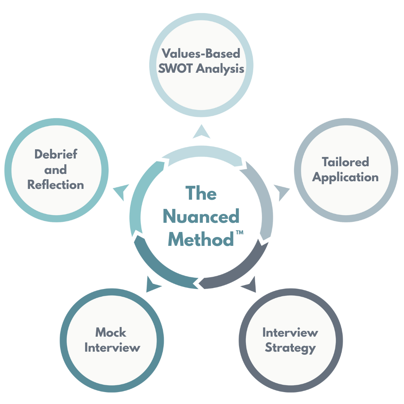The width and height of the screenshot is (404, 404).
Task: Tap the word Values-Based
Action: pyautogui.click(x=200, y=53)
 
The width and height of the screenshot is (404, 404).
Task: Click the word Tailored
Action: pyautogui.click(x=345, y=162)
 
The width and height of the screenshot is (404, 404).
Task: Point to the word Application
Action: pyautogui.click(x=345, y=177)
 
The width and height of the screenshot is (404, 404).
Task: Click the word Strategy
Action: pyautogui.click(x=290, y=348)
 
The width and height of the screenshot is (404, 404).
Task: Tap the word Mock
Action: pyautogui.click(x=111, y=332)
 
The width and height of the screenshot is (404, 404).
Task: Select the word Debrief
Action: pyautogui.click(x=56, y=154)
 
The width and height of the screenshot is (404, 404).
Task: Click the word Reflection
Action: pyautogui.click(x=56, y=185)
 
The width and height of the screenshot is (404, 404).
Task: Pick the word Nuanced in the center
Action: pyautogui.click(x=201, y=217)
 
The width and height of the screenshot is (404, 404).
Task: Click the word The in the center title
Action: pyautogui.click(x=201, y=193)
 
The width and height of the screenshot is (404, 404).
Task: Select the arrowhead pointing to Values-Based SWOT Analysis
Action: pyautogui.click(x=201, y=132)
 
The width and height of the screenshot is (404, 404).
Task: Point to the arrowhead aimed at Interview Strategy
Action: pyautogui.click(x=250, y=284)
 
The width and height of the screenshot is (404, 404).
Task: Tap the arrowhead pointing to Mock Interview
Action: pyautogui.click(x=153, y=284)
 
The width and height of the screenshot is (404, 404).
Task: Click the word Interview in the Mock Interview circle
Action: pyautogui.click(x=112, y=348)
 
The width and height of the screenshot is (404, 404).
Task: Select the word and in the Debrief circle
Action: pyautogui.click(x=56, y=170)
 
